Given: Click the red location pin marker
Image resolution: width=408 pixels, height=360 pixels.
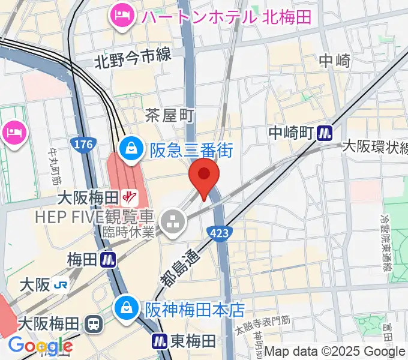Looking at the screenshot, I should [204, 176].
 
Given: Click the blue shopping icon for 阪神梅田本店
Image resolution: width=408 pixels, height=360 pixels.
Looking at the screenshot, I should [127, 308].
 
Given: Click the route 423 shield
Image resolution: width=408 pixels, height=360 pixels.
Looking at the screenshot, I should [219, 232].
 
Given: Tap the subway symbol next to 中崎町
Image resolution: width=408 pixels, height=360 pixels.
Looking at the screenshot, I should [326, 132].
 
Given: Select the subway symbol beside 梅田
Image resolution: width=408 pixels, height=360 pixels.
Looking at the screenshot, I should [109, 260].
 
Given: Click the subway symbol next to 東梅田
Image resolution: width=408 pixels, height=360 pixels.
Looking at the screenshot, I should [159, 341].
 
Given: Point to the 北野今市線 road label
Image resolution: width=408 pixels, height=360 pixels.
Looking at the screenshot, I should [133, 59].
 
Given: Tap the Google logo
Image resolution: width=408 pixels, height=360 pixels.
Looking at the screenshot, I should [40, 346].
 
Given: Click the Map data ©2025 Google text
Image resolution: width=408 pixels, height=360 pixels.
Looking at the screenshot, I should [335, 352].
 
